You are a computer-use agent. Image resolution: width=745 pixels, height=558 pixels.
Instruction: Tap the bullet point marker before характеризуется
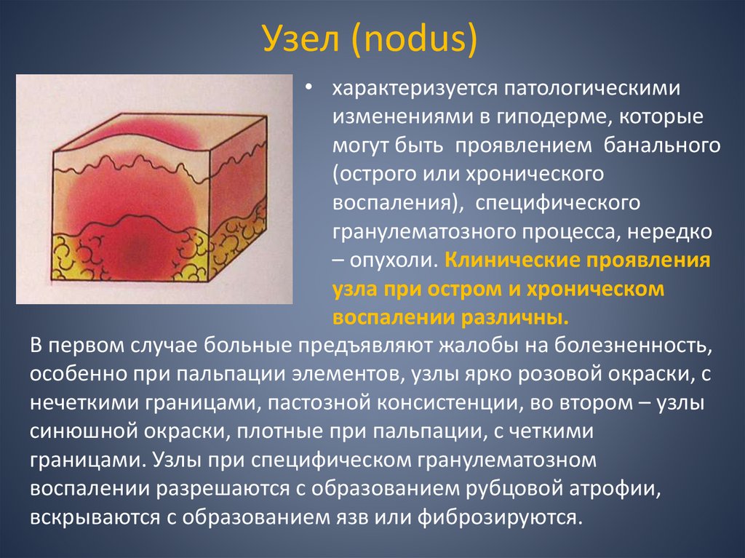pyautogui.click(x=310, y=87)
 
